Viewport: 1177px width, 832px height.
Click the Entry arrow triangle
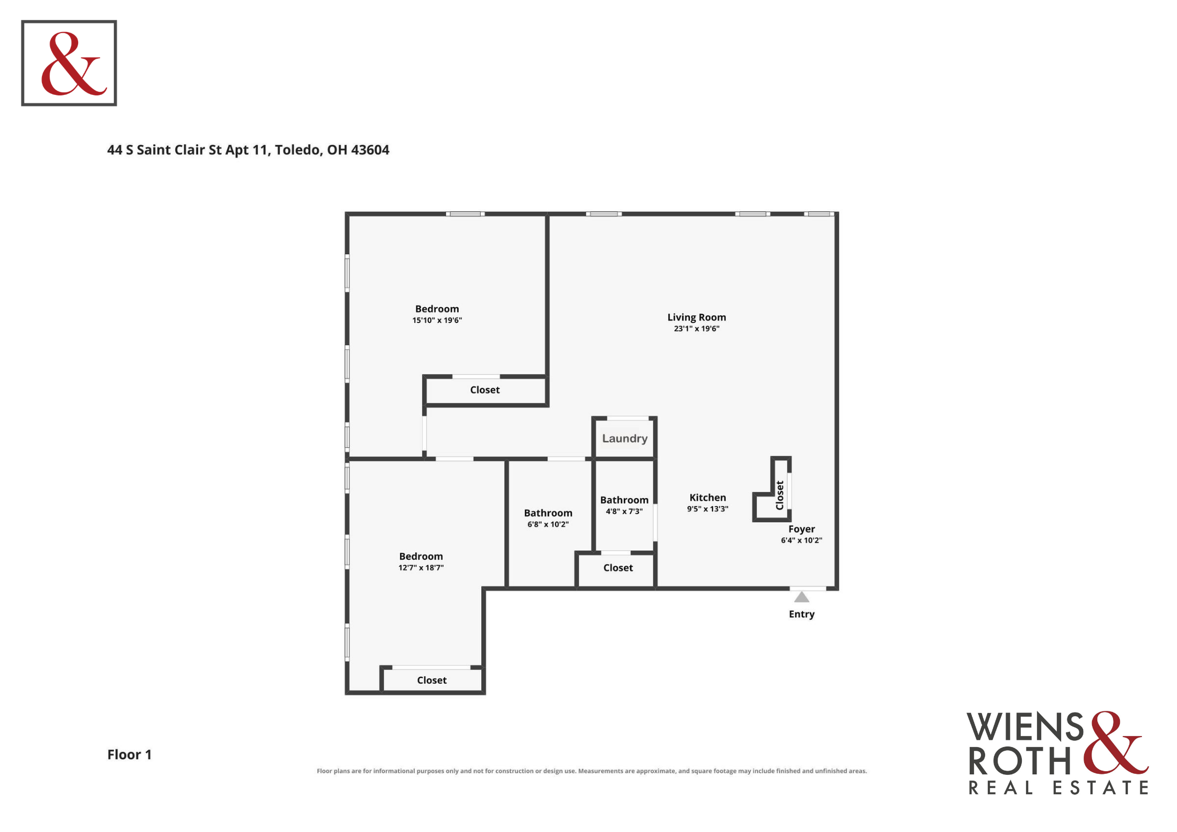(x=801, y=597)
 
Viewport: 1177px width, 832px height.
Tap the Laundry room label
(x=624, y=438)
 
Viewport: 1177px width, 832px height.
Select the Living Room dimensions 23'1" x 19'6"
(x=696, y=329)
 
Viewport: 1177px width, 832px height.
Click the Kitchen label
(x=707, y=498)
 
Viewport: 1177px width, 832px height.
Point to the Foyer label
(x=801, y=529)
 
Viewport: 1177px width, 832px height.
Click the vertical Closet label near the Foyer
(x=780, y=495)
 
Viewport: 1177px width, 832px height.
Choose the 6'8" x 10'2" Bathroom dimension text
(x=548, y=524)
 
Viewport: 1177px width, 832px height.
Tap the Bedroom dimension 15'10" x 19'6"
(x=437, y=320)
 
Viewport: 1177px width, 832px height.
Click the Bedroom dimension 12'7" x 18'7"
(x=421, y=568)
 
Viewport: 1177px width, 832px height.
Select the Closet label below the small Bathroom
(x=618, y=568)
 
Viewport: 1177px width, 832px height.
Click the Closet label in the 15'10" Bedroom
(x=484, y=390)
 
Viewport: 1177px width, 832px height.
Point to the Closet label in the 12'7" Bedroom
(x=431, y=680)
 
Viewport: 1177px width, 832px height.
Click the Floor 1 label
(x=129, y=754)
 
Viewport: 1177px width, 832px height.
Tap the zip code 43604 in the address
(x=370, y=150)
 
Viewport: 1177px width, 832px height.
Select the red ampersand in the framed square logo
(x=74, y=63)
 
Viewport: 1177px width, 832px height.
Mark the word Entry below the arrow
(x=802, y=614)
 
